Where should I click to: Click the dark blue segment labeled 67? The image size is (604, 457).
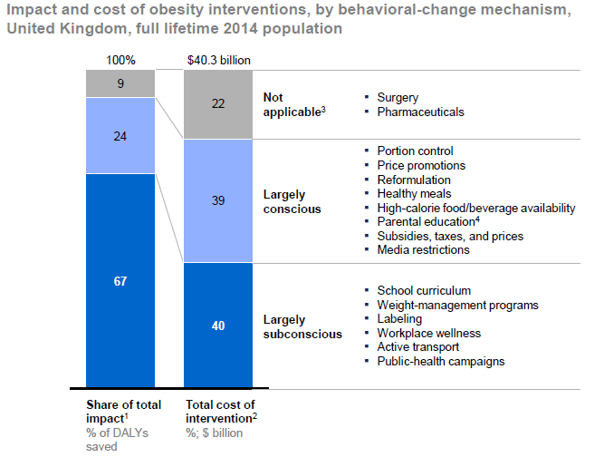(120, 281)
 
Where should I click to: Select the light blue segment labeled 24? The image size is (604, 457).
(120, 136)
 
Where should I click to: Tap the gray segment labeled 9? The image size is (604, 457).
(120, 84)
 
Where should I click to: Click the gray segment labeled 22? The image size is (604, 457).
(217, 104)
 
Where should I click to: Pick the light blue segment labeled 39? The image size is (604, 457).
(217, 200)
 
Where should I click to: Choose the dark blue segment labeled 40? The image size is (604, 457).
(217, 326)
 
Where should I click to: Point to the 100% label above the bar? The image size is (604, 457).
(120, 61)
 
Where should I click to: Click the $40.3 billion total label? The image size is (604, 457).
(218, 61)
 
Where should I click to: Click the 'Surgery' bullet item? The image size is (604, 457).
(398, 97)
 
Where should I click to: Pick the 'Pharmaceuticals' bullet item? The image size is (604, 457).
(420, 112)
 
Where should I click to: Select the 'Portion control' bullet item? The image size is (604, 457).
(415, 151)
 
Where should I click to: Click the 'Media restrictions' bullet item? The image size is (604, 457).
(423, 249)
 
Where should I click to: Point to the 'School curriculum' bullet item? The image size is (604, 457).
(424, 290)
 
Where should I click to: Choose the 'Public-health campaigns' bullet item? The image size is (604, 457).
(440, 361)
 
